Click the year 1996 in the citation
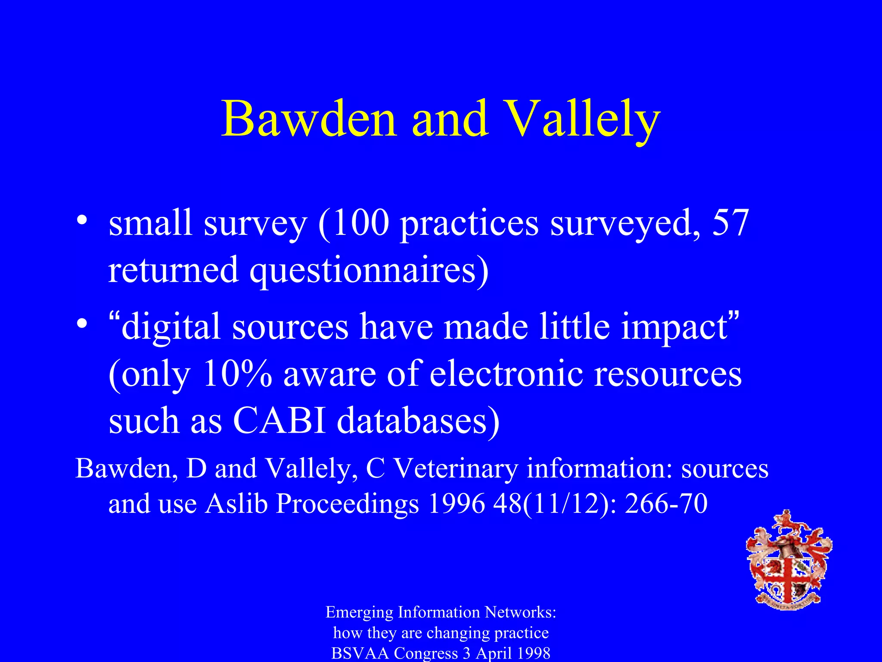[457, 503]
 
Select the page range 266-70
[666, 503]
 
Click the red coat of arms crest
[789, 560]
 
